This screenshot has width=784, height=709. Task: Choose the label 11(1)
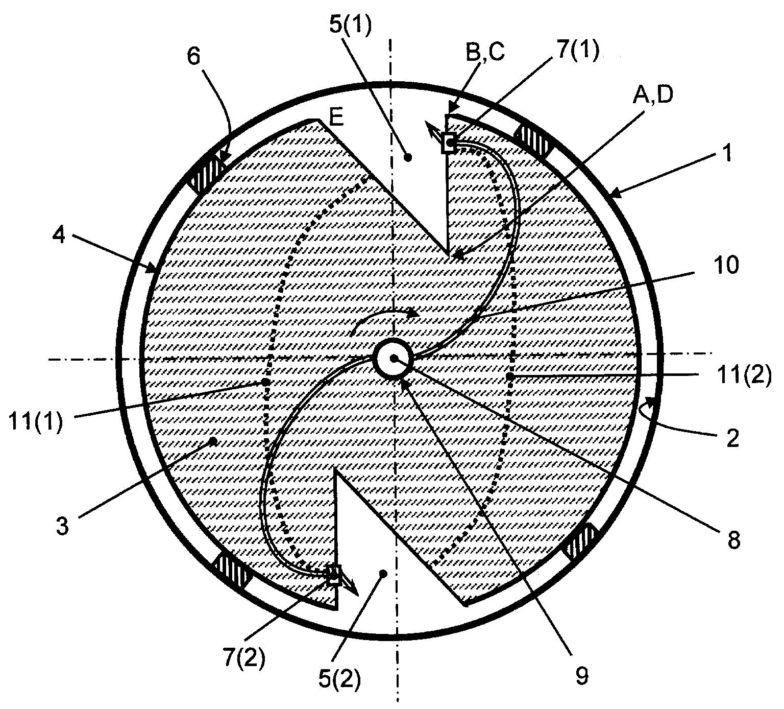tap(36, 422)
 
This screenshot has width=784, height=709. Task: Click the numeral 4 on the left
tap(59, 236)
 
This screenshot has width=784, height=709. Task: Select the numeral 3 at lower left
tap(62, 527)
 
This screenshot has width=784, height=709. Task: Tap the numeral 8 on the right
tap(733, 540)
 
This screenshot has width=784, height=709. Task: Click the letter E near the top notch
tap(336, 118)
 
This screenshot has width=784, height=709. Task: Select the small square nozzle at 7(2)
tap(334, 575)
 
